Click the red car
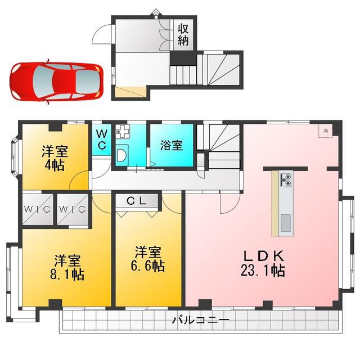coord(56,82)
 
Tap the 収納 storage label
coord(183,34)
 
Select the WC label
coord(102,139)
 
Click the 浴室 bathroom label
coord(172,145)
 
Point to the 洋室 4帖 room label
coord(55,158)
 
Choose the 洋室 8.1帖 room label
coord(67,267)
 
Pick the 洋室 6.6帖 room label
coord(148,259)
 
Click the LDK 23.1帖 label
coord(263,263)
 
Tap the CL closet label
coord(136,201)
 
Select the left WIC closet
coord(38,209)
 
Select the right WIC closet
coord(73,209)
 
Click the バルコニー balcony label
coord(201,320)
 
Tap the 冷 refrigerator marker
coord(325,131)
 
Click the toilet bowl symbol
coord(121,155)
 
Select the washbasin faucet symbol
coord(123,132)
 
